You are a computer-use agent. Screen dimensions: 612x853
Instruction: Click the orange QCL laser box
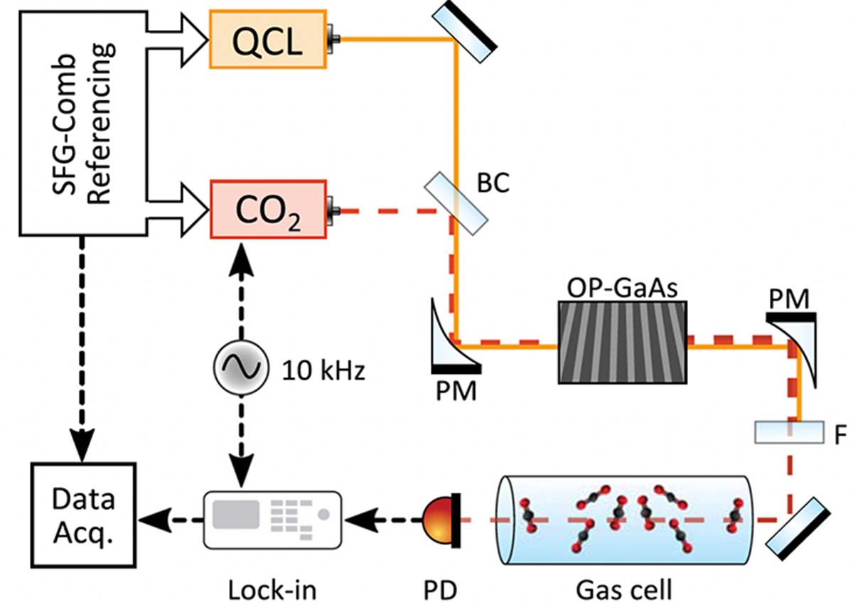pyautogui.click(x=267, y=39)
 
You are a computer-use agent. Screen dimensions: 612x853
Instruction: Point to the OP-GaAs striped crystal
pyautogui.click(x=623, y=343)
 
